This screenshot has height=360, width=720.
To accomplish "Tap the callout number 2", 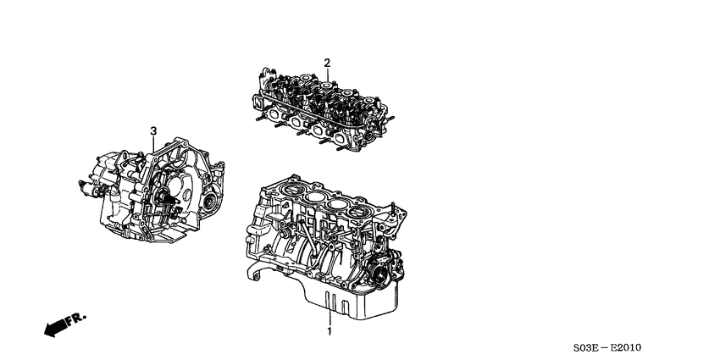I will click(x=327, y=61).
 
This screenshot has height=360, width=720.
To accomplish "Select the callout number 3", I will click(x=153, y=130).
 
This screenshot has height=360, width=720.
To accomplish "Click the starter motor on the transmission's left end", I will click(x=86, y=180).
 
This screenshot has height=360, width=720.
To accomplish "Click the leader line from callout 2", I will click(x=327, y=75).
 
